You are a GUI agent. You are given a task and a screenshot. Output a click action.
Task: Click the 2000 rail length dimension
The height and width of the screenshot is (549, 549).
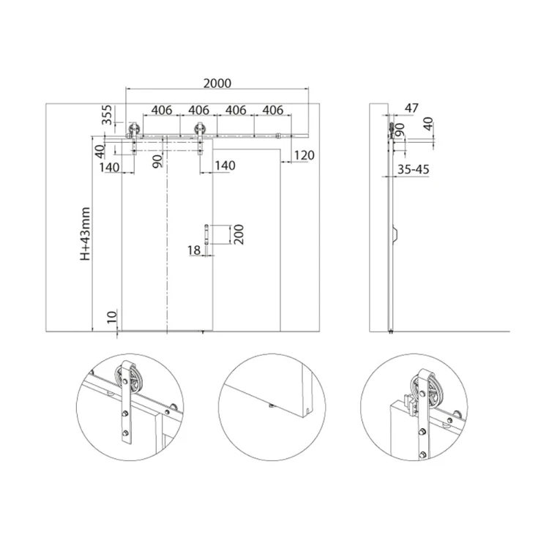pos(217,83)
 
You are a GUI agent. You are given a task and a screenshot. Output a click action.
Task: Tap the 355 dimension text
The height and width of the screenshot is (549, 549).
pos(106,115)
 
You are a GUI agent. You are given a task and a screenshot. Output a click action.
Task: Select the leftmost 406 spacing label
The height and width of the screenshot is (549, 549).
pos(162,110)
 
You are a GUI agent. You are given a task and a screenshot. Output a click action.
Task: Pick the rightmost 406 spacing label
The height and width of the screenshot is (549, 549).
pos(272,110)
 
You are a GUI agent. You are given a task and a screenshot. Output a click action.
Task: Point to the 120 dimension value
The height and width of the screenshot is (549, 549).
pos(304,154)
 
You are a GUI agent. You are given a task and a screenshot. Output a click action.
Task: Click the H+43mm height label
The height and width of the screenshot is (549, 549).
pos(85,234)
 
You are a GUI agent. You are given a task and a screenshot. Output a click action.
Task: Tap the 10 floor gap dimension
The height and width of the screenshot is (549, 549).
pos(112,317)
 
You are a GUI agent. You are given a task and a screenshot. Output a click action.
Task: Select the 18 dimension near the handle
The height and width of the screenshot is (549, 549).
pos(194,250)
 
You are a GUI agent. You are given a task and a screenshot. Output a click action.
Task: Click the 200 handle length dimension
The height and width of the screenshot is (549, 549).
pos(239,234)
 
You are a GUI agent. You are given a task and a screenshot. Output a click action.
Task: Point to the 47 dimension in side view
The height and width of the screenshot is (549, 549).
pos(411,108)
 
